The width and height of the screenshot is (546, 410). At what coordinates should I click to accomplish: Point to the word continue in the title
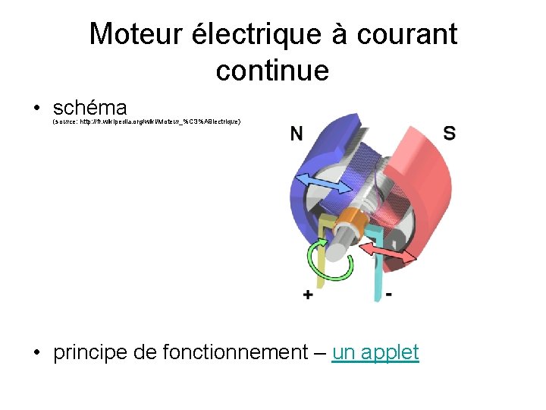[272, 71]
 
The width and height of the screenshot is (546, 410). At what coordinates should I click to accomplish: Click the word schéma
[89, 107]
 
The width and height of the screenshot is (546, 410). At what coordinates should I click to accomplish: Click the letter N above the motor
[297, 134]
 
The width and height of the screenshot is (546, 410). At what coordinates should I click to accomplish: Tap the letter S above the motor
[449, 134]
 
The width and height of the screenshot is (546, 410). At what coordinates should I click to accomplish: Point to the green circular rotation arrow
[329, 261]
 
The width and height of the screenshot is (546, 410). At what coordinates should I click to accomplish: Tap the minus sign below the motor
[388, 294]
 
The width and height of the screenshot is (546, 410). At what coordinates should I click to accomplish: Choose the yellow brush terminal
[322, 251]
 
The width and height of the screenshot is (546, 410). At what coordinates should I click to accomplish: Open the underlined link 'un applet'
[375, 352]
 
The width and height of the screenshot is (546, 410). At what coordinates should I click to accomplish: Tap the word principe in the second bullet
[93, 353]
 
